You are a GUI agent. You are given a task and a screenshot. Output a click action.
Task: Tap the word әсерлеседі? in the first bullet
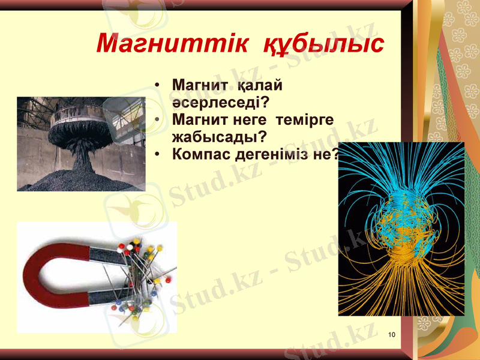point(220,101)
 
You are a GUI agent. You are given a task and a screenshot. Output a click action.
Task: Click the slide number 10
point(392,334)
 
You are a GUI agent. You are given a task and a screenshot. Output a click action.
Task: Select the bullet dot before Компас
point(157,155)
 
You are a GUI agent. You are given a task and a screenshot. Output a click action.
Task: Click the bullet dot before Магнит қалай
point(157,85)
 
